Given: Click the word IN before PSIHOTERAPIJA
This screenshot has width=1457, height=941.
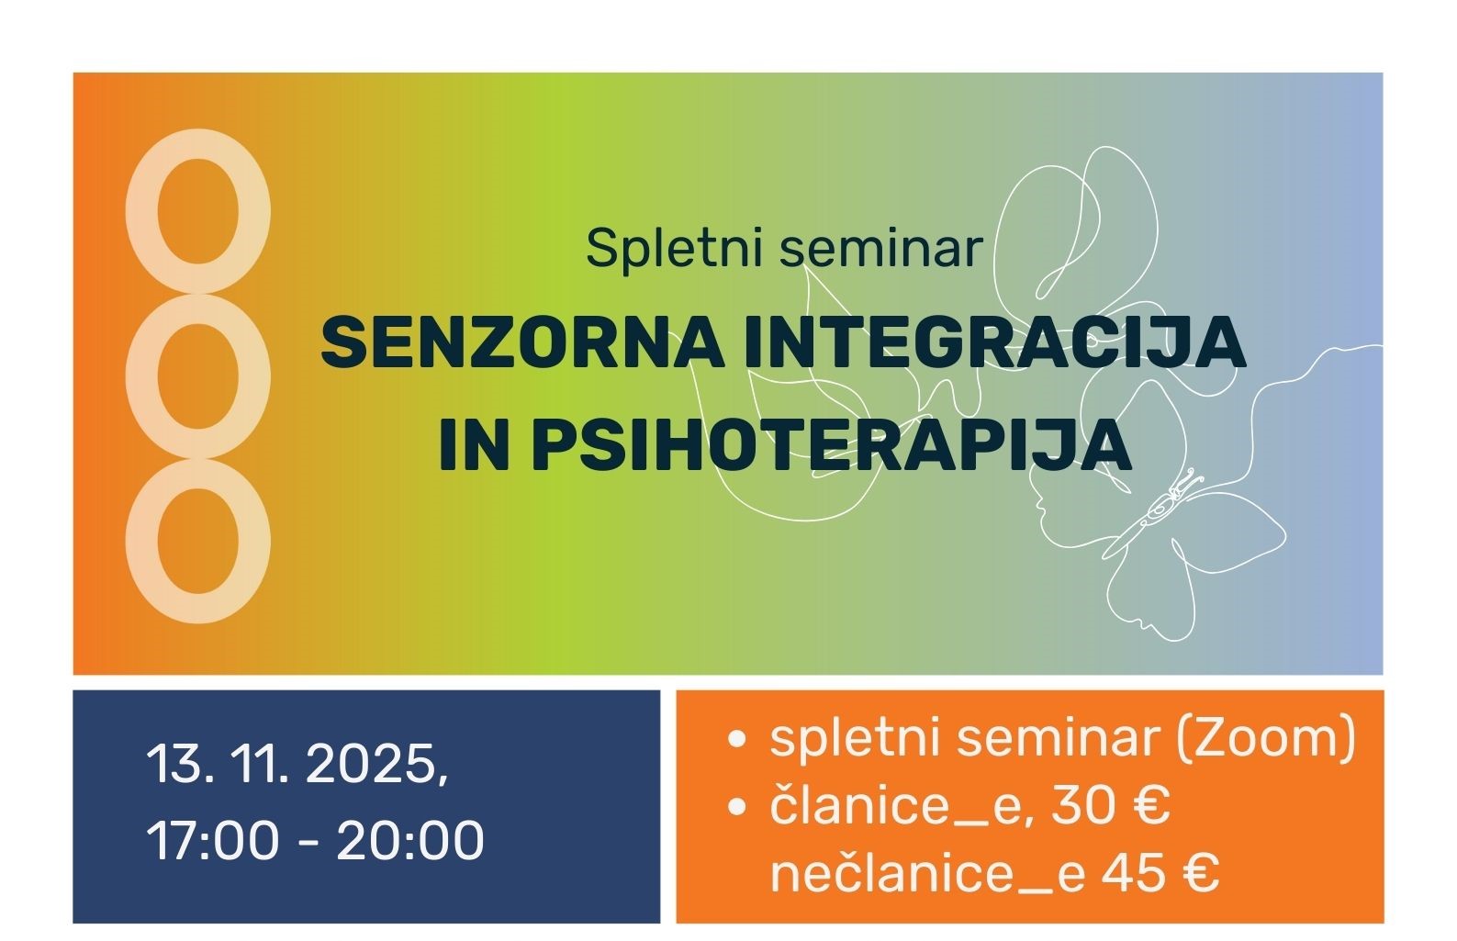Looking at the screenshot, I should pyautogui.click(x=474, y=445).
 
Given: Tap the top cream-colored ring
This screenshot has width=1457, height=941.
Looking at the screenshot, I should pyautogui.click(x=197, y=211).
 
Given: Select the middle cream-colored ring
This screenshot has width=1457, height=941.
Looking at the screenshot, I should pyautogui.click(x=197, y=376).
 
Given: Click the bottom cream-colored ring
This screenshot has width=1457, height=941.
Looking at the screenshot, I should pyautogui.click(x=197, y=542).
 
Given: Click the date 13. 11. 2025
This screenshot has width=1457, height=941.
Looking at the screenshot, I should pyautogui.click(x=297, y=764).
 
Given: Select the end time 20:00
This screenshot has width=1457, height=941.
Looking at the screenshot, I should pyautogui.click(x=410, y=839).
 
